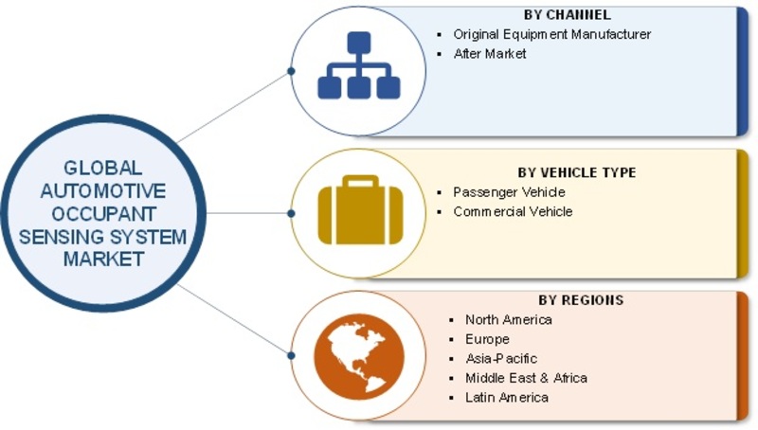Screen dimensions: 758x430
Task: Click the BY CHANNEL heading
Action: pyautogui.click(x=567, y=15)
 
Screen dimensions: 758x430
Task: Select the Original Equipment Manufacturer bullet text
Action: pyautogui.click(x=552, y=34)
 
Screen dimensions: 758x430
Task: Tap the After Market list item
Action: pyautogui.click(x=490, y=54)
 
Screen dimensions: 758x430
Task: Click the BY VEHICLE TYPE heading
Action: pyautogui.click(x=577, y=172)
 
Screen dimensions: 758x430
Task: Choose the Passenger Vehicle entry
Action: pyautogui.click(x=509, y=192)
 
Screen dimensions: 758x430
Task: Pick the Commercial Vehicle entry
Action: pyautogui.click(x=513, y=211)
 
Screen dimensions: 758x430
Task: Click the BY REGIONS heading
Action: pyautogui.click(x=581, y=300)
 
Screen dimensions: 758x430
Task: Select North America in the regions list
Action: pyautogui.click(x=509, y=320)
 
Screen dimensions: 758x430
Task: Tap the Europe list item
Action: pyautogui.click(x=487, y=339)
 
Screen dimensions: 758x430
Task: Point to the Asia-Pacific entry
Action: pyautogui.click(x=501, y=359)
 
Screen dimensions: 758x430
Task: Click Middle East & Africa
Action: pyautogui.click(x=527, y=378)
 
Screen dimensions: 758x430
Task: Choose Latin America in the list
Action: pyautogui.click(x=507, y=398)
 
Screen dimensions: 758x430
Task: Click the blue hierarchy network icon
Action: pyautogui.click(x=359, y=65)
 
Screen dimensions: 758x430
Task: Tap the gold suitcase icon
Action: pyautogui.click(x=361, y=210)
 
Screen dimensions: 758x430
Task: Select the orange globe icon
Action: pyautogui.click(x=359, y=357)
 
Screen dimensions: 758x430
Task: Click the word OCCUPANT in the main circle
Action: pyautogui.click(x=103, y=214)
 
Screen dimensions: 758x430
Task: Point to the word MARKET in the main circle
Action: pyautogui.click(x=103, y=260)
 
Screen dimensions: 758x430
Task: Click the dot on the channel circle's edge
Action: pyautogui.click(x=291, y=71)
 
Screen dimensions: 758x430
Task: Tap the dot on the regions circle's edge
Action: pyautogui.click(x=291, y=355)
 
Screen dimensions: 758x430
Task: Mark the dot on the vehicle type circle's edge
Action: pyautogui.click(x=291, y=213)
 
